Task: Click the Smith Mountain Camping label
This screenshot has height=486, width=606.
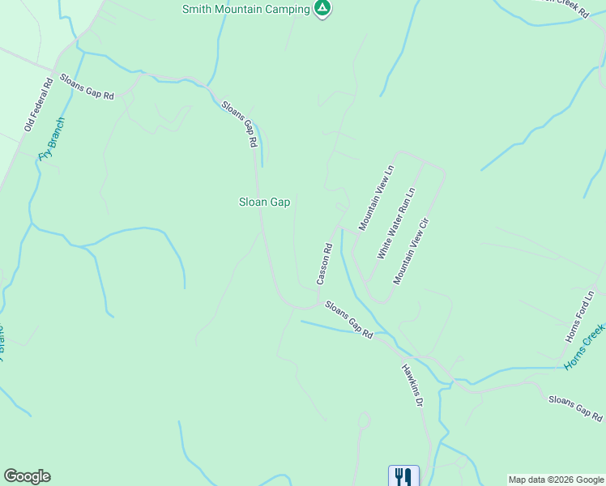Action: tap(246, 9)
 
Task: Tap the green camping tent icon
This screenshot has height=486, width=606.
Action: tap(322, 9)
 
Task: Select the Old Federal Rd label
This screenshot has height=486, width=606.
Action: tap(38, 104)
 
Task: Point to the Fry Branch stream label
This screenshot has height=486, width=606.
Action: tap(51, 139)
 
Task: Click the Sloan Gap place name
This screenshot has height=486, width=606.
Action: tap(264, 202)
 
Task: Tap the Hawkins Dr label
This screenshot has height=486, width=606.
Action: tap(412, 384)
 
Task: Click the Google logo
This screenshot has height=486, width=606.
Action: tap(27, 476)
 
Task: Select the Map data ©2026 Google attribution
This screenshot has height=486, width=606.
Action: tap(556, 480)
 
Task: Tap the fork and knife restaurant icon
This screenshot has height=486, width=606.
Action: tap(403, 475)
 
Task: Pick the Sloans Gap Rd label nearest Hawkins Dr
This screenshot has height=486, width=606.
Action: tap(349, 319)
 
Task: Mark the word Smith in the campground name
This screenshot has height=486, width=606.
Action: tap(198, 9)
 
